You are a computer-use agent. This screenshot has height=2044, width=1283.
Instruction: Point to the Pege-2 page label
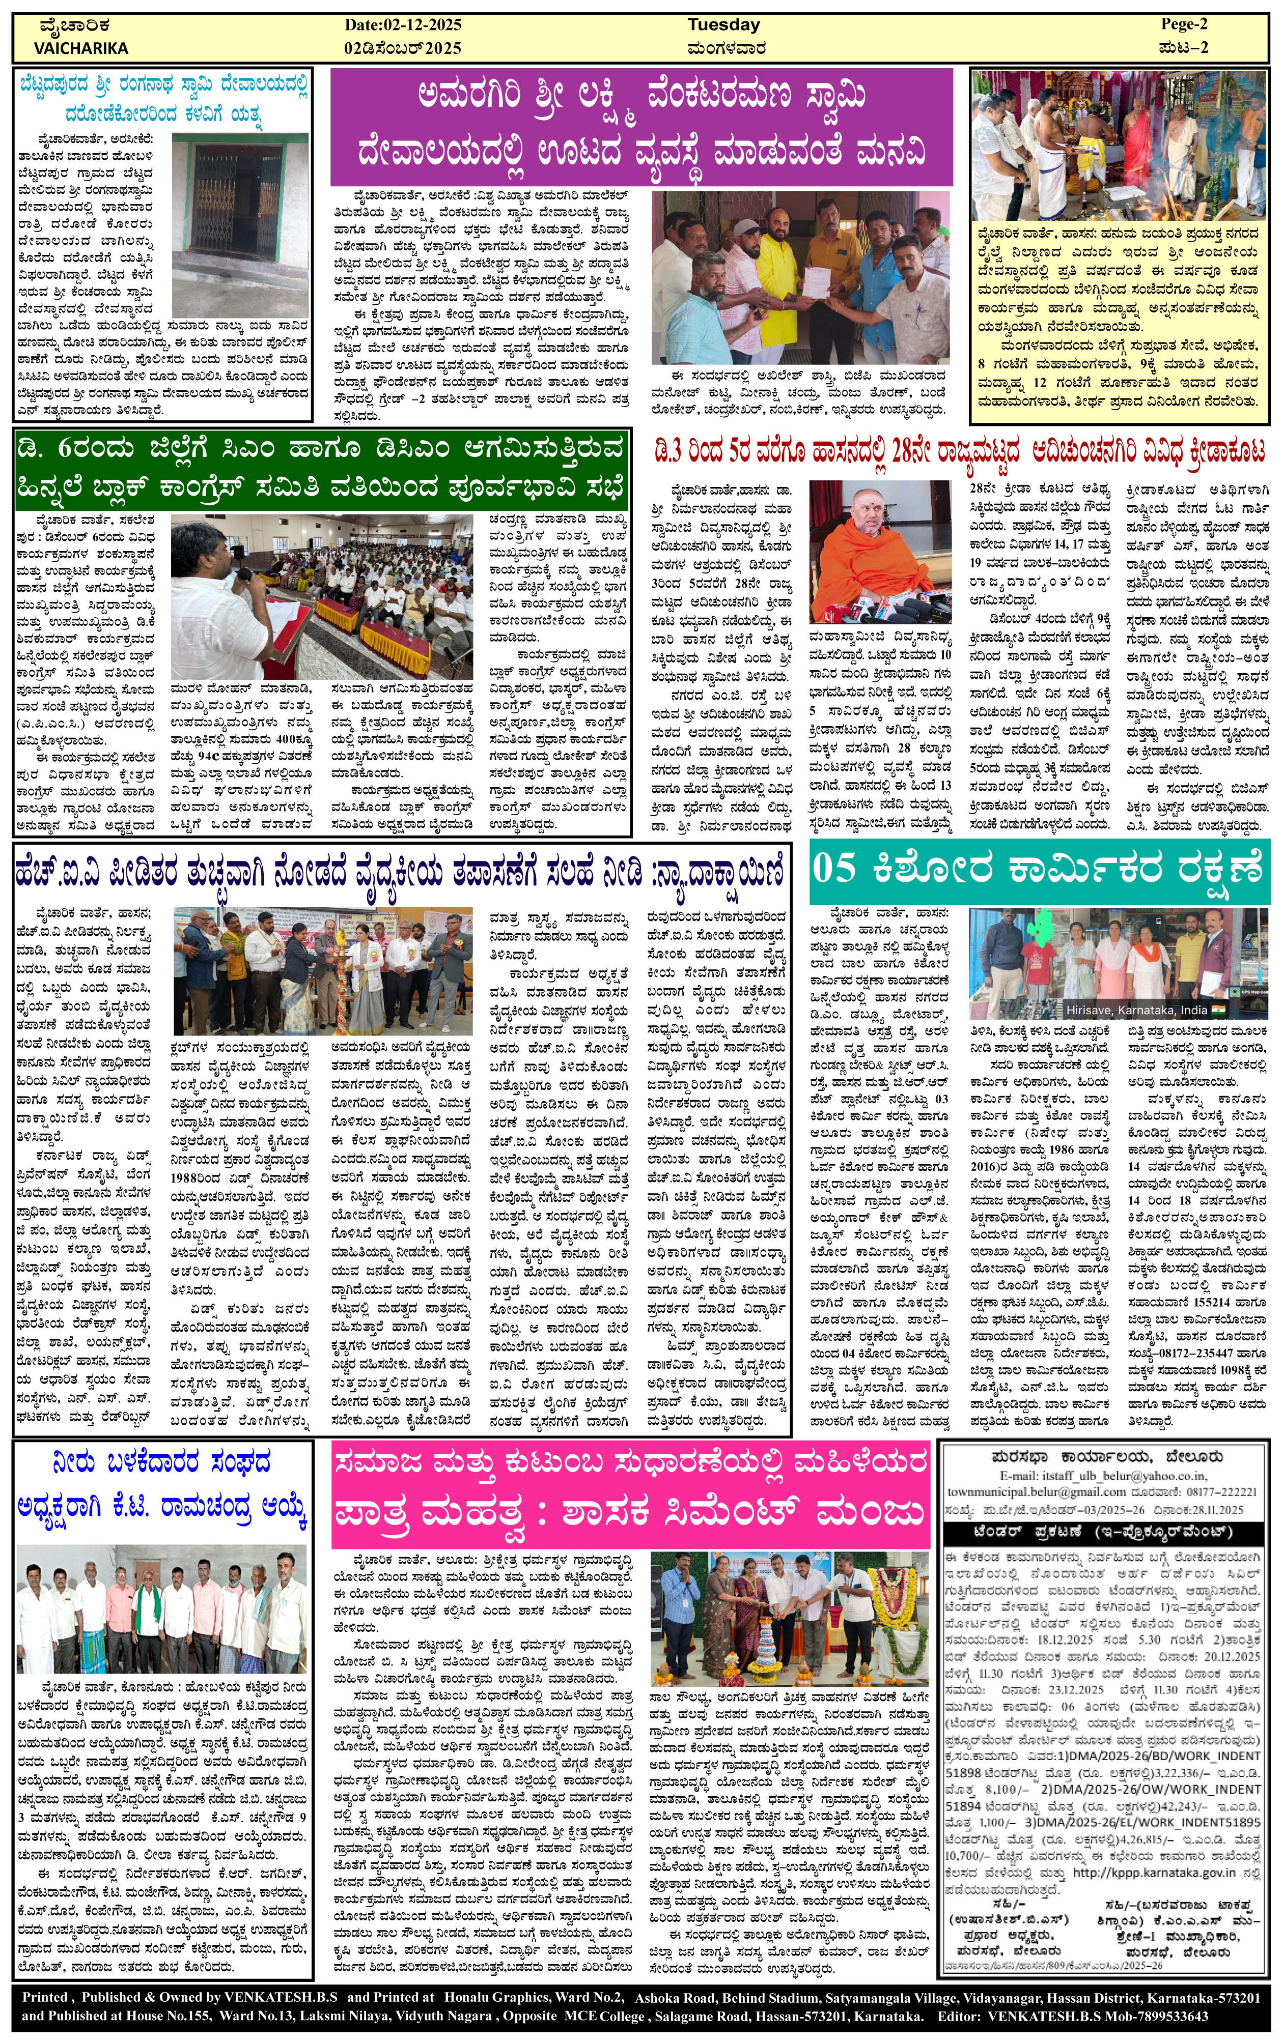pos(1184,24)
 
